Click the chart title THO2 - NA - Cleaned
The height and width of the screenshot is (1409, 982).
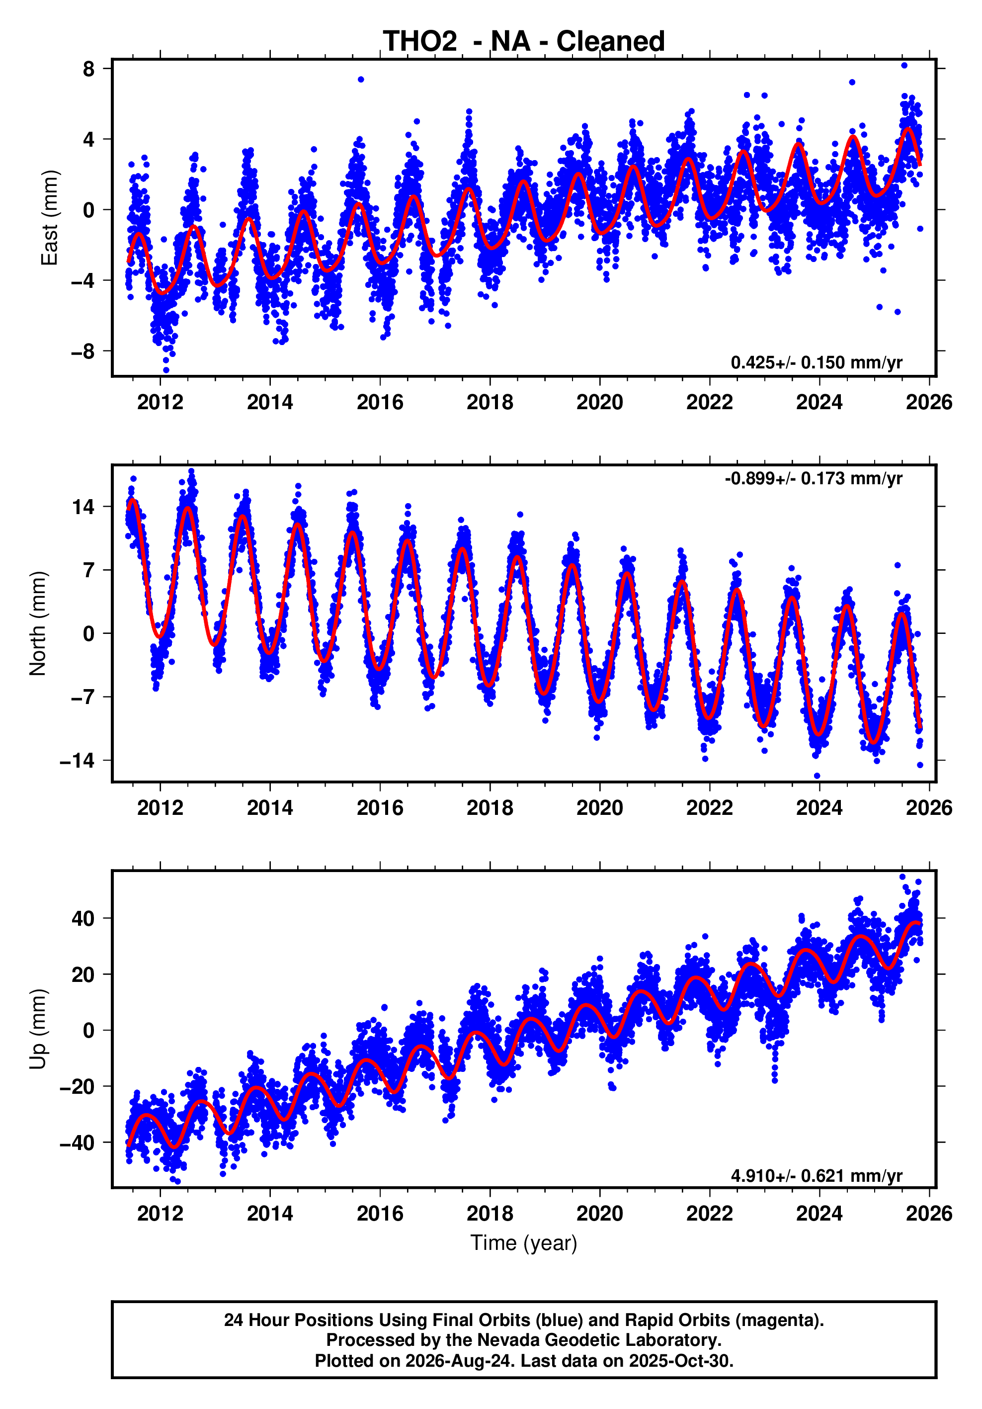point(524,41)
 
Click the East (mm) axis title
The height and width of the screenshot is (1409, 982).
point(49,218)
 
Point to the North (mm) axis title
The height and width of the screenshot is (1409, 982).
point(38,623)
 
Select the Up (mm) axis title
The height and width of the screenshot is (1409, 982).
point(38,1029)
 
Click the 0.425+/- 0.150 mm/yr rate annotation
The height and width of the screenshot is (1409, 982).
point(817,362)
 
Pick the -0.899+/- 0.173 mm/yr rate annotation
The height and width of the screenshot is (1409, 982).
point(814,478)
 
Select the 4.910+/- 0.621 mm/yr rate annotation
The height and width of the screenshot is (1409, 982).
point(817,1175)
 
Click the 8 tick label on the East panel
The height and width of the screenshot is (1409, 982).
point(89,69)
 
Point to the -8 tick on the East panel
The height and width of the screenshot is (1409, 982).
point(83,352)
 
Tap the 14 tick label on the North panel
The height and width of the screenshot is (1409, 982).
point(83,507)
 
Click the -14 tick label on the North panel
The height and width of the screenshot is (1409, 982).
point(78,761)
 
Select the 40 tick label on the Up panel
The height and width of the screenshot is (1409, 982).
point(83,919)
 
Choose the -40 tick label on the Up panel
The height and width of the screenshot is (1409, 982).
point(78,1143)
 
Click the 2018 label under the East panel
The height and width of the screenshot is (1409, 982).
point(490,403)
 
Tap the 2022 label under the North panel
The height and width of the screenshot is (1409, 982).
point(710,808)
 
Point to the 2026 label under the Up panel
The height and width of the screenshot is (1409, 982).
point(929,1214)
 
